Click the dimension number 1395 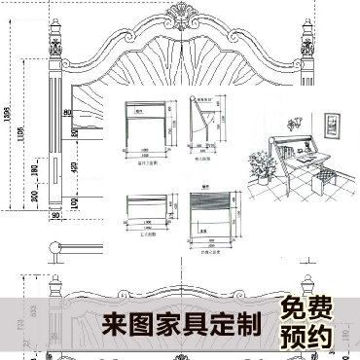coord(8,114)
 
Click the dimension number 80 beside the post coord(70,114)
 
